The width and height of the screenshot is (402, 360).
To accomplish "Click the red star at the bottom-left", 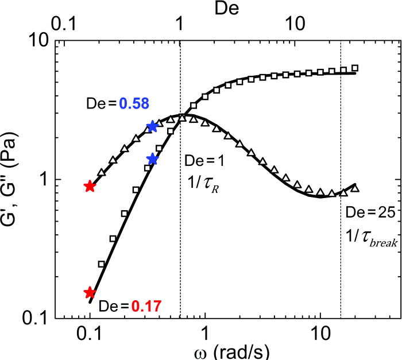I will point(90,293).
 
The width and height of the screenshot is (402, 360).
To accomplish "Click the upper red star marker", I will point(90,186).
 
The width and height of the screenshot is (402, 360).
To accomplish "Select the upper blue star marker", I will point(152,126).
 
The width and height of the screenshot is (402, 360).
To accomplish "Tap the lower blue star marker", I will point(152,159).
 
